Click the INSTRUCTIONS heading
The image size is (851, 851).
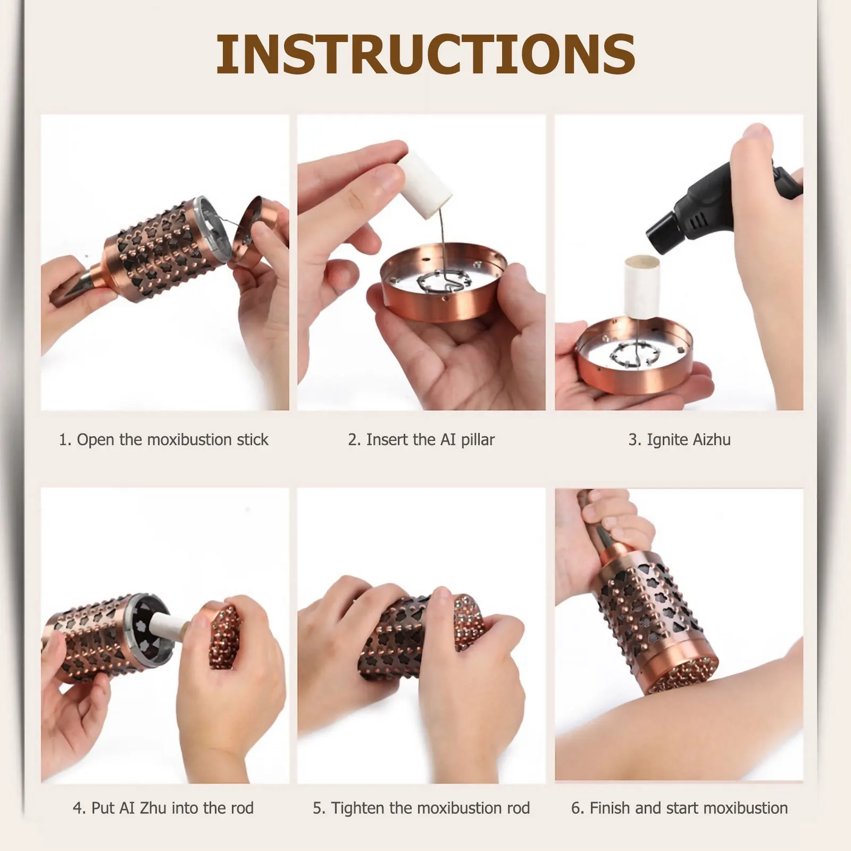pyautogui.click(x=425, y=54)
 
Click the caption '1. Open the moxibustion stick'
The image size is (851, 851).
pyautogui.click(x=163, y=440)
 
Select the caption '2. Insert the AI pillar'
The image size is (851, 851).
pyautogui.click(x=421, y=440)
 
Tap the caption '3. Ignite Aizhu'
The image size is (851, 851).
pyautogui.click(x=679, y=440)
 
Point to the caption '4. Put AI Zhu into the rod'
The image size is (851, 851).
pyautogui.click(x=163, y=808)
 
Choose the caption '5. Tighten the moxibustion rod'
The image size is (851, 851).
pyautogui.click(x=421, y=808)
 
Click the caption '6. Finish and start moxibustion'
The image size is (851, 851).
pyautogui.click(x=679, y=808)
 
